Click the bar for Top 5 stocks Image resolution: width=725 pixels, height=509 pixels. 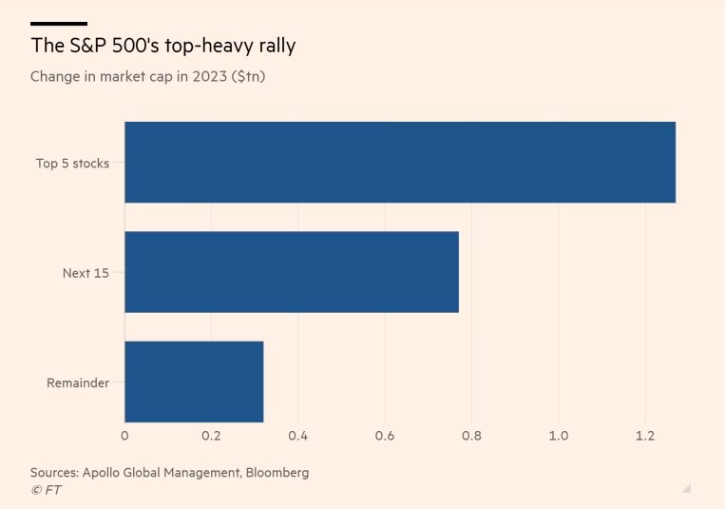(x=399, y=163)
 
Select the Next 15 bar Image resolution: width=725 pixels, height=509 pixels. (x=292, y=272)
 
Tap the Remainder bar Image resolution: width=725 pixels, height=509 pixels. (x=194, y=382)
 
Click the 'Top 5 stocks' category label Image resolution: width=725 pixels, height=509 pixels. (x=72, y=164)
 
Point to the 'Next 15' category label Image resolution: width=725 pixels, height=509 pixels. (x=86, y=273)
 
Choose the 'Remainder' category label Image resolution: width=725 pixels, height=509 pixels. (x=78, y=383)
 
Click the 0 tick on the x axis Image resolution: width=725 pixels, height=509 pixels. (x=124, y=436)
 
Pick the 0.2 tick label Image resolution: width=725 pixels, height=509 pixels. (x=211, y=436)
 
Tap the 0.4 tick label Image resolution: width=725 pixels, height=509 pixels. (x=298, y=436)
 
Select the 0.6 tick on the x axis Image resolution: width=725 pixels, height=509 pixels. (x=385, y=436)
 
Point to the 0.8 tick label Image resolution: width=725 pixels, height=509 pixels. (x=471, y=436)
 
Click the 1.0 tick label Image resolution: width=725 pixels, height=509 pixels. (x=558, y=436)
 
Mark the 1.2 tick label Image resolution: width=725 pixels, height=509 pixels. (x=645, y=436)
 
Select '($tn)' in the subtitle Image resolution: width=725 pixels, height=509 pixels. (x=243, y=76)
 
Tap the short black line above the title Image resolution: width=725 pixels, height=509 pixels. (x=59, y=23)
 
